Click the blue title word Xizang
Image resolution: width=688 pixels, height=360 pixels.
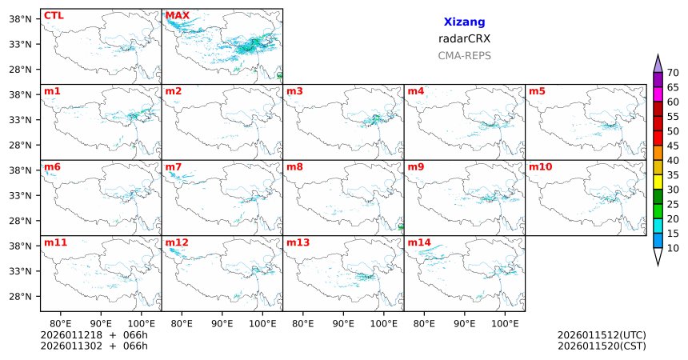coord(464,22)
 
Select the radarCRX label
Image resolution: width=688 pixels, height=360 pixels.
coord(464,38)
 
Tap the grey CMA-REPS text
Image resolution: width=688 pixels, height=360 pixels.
coord(464,56)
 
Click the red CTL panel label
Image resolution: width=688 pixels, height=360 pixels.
coord(53,15)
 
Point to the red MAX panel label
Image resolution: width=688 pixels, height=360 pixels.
coord(177,15)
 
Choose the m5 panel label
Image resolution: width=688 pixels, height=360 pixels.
coord(536,91)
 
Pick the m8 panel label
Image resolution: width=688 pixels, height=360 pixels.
coord(294,167)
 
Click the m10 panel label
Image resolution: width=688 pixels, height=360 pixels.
coord(540,167)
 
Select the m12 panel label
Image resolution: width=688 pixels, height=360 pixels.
coord(177,242)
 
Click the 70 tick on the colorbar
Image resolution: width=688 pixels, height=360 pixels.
coord(673,73)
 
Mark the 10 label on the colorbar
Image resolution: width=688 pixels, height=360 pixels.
coord(673,249)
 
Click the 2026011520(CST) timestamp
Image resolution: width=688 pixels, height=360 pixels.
coord(602,346)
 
